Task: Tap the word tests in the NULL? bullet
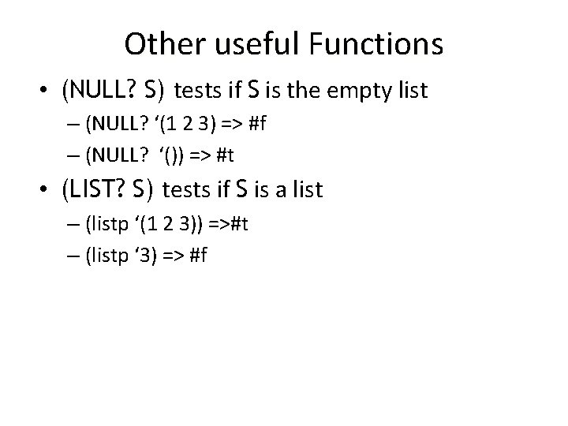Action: (199, 92)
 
